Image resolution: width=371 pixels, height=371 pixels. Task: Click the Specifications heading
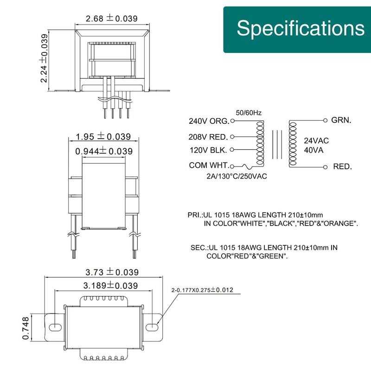pyautogui.click(x=301, y=28)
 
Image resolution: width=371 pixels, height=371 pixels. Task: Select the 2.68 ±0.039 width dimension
pyautogui.click(x=111, y=18)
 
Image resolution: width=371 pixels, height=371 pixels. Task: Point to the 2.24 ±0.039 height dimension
pyautogui.click(x=44, y=58)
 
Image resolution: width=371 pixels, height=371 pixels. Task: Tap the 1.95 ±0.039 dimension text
pyautogui.click(x=103, y=136)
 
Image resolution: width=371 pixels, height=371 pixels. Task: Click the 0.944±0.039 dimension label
pyautogui.click(x=104, y=151)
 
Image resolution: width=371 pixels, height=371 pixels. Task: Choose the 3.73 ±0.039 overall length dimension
pyautogui.click(x=112, y=272)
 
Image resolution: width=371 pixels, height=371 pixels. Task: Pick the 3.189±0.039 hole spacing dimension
pyautogui.click(x=110, y=286)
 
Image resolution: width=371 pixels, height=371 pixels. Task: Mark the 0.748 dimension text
pyautogui.click(x=26, y=328)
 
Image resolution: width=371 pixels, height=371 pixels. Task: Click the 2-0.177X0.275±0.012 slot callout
pyautogui.click(x=202, y=290)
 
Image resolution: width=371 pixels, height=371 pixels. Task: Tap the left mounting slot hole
pyautogui.click(x=55, y=327)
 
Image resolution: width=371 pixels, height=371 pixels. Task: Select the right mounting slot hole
pyautogui.click(x=152, y=327)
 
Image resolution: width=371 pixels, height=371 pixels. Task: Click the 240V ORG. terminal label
pyautogui.click(x=209, y=121)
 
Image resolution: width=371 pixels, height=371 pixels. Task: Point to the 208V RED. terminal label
pyautogui.click(x=208, y=137)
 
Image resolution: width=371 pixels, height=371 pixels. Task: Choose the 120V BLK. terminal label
pyautogui.click(x=208, y=150)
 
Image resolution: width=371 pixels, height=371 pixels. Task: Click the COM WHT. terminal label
pyautogui.click(x=209, y=165)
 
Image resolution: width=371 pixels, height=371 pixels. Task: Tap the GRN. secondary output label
pyautogui.click(x=341, y=120)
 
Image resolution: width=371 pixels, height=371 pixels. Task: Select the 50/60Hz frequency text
pyautogui.click(x=249, y=113)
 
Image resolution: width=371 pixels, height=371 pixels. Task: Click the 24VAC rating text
pyautogui.click(x=316, y=141)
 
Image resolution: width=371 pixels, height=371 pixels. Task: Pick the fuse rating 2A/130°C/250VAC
pyautogui.click(x=237, y=176)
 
